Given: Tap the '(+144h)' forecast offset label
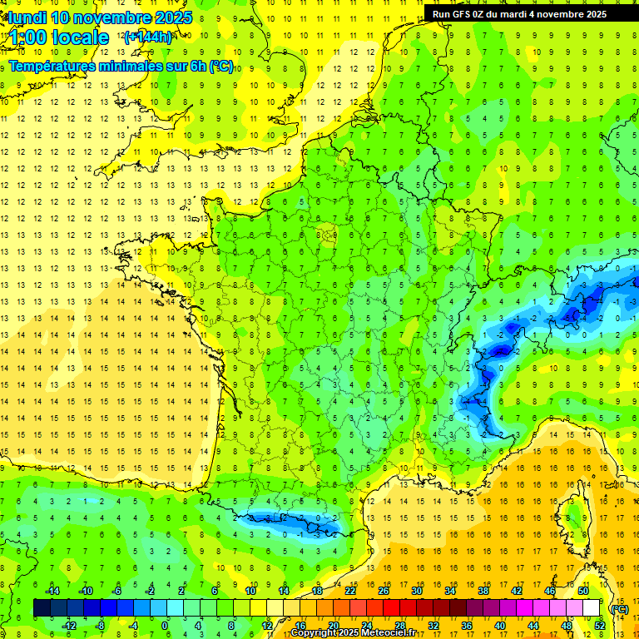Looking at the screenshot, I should click(147, 37).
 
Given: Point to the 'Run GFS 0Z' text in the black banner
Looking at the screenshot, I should click(463, 14).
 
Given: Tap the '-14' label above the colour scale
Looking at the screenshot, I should click(52, 590).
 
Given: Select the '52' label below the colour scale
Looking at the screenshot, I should click(599, 625).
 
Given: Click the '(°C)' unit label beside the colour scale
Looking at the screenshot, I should click(619, 608).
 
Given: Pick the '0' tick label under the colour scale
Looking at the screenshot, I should click(164, 625).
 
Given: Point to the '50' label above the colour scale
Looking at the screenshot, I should click(583, 590).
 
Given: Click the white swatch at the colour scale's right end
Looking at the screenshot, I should click(592, 608).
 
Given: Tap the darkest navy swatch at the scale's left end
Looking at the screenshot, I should click(42, 608).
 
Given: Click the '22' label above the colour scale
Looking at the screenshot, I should click(350, 590).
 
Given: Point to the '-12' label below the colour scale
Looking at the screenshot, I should click(69, 625).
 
